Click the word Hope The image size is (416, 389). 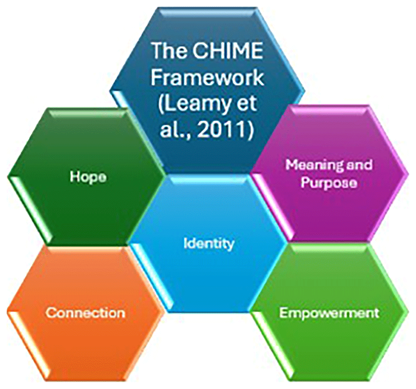[88, 177]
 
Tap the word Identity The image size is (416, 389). [209, 243]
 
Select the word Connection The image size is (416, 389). [85, 313]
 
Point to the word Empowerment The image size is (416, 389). [329, 313]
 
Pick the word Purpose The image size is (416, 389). [329, 183]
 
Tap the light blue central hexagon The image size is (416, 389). [208, 274]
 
